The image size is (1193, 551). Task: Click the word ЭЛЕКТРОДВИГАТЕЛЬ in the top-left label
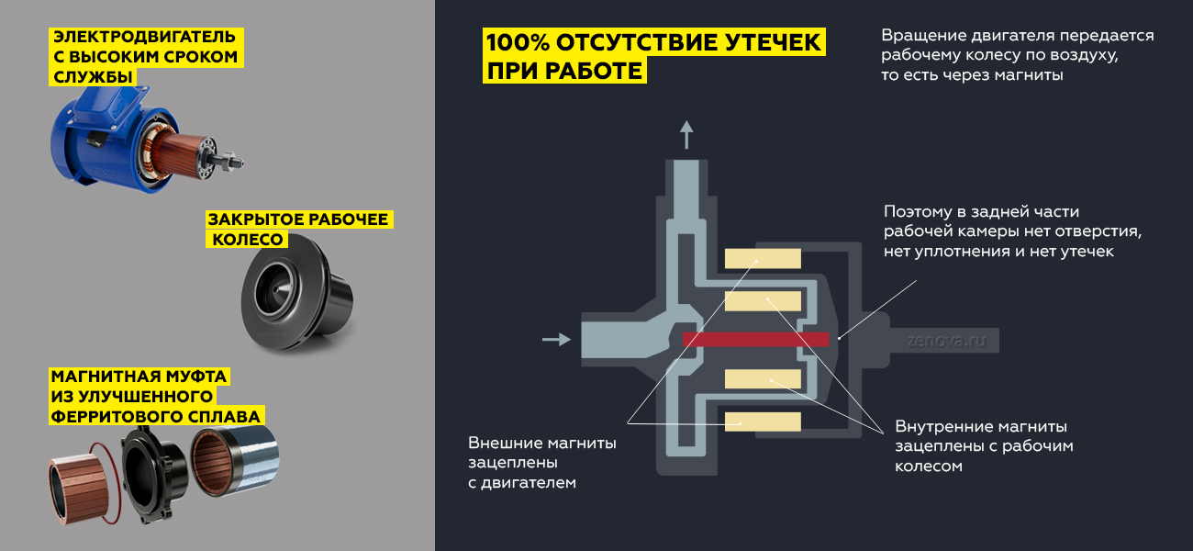(144, 37)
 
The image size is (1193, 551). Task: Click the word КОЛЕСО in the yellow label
(248, 240)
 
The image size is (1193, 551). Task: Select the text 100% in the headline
(518, 42)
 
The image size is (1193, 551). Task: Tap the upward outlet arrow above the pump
(686, 134)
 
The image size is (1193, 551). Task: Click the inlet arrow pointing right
(556, 339)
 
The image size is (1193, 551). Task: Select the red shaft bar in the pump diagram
(756, 340)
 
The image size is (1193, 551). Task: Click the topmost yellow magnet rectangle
(763, 258)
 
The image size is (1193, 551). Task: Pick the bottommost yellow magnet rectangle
(763, 422)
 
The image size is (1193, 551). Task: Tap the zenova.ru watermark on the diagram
(946, 341)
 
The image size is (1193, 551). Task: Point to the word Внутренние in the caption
(942, 426)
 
